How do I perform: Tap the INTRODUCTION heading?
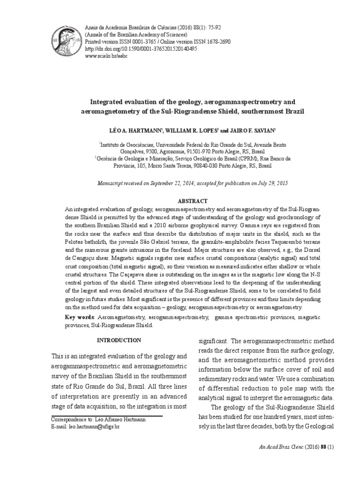coord(118,340)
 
